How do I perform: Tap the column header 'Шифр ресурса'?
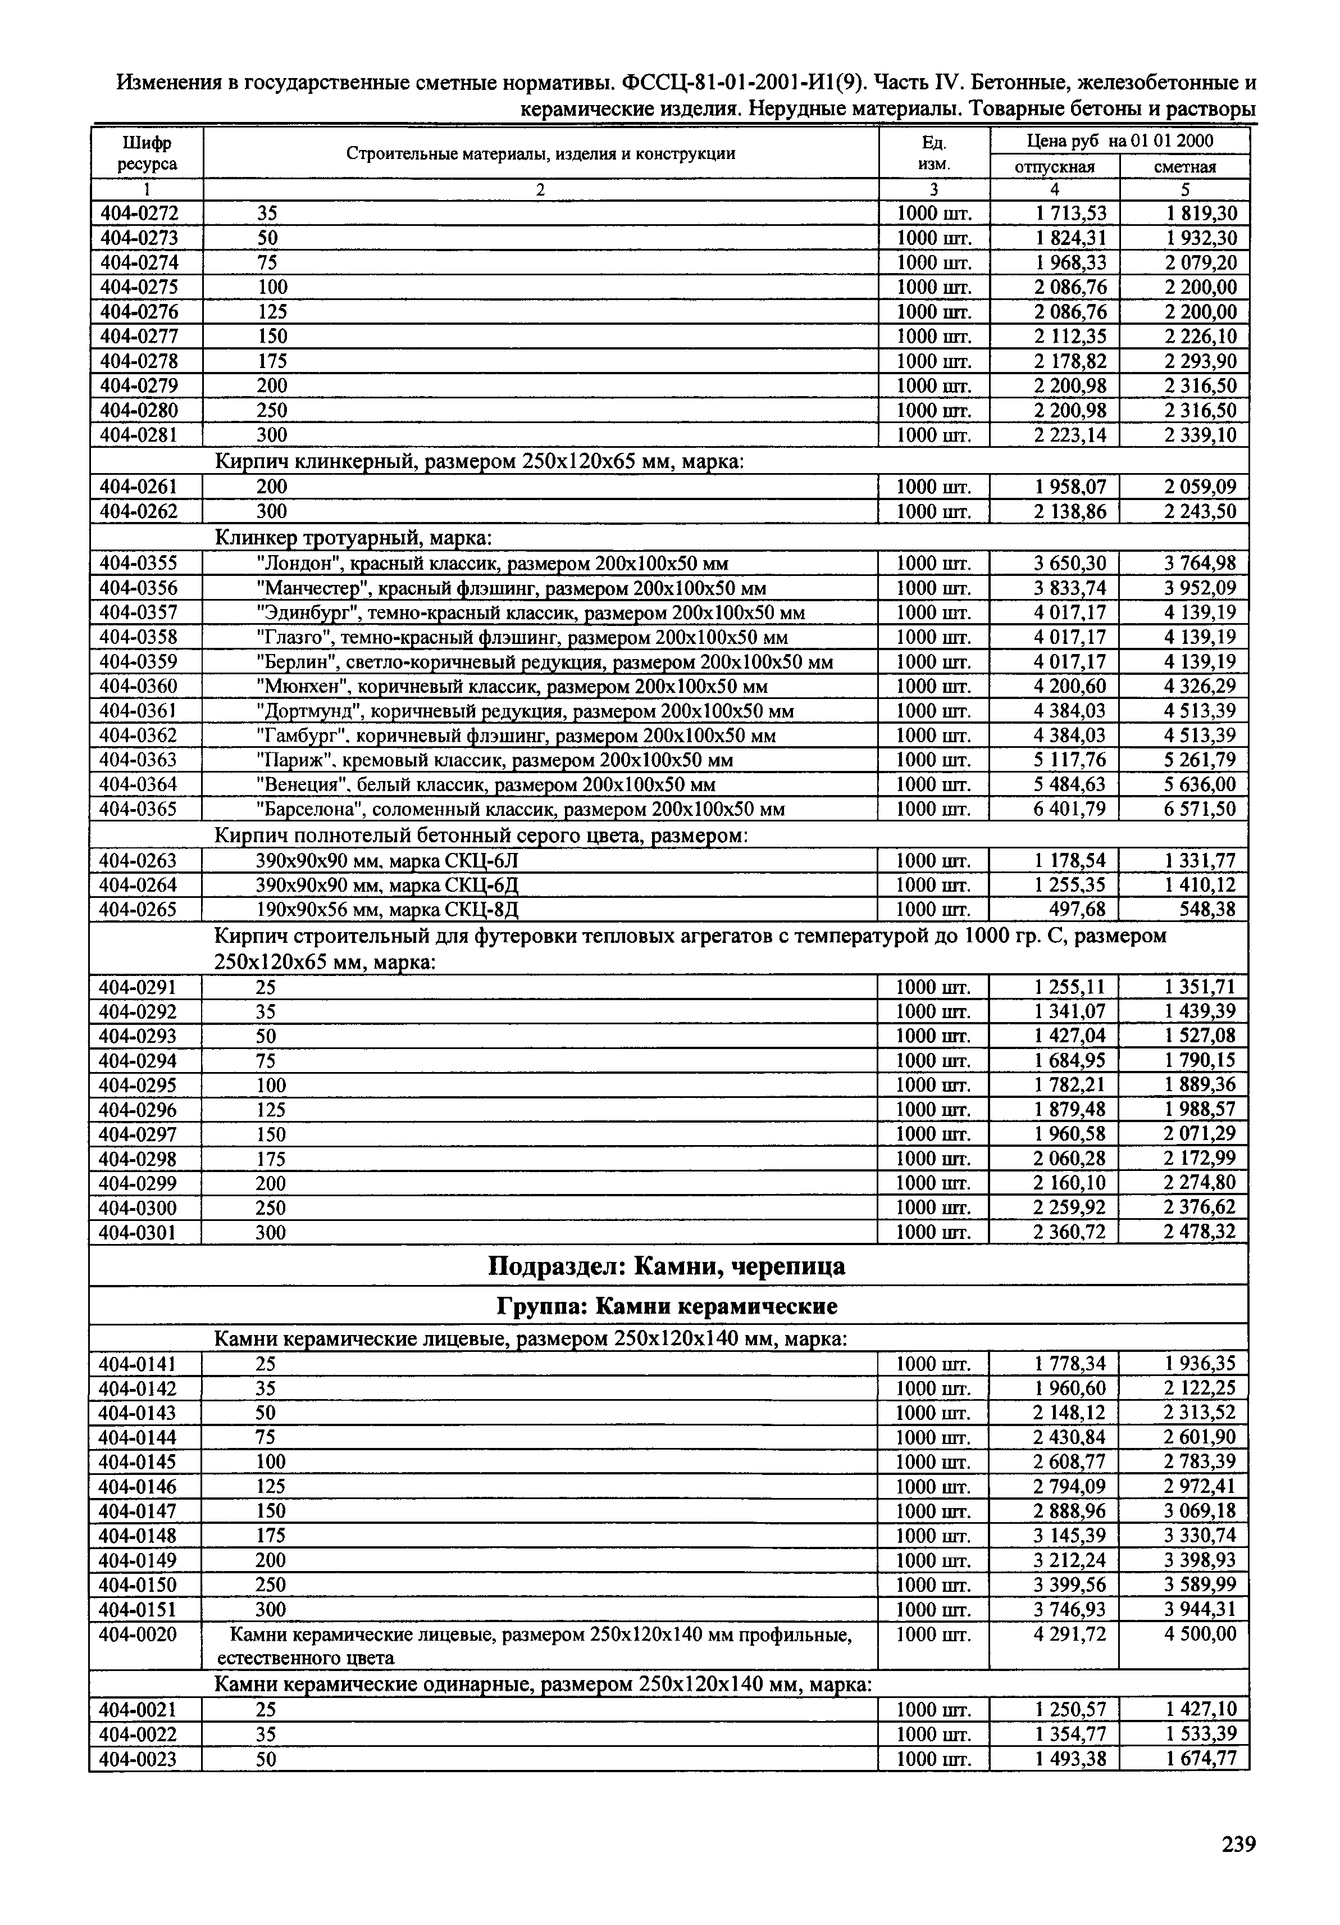coord(147,153)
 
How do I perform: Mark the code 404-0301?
coord(139,1232)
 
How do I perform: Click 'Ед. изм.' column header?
coord(933,153)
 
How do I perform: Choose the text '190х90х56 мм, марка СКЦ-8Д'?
coord(392,910)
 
